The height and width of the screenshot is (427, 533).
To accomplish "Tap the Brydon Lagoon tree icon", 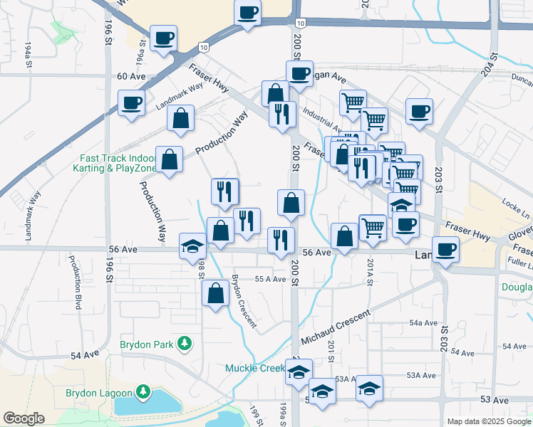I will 143,392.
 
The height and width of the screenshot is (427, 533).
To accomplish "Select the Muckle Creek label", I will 254,368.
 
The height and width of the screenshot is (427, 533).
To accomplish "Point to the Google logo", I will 24,418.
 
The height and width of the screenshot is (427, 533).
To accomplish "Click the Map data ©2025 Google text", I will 489,421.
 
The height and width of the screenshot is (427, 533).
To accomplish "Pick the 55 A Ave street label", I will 270,280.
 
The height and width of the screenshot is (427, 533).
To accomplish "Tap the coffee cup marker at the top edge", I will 247,12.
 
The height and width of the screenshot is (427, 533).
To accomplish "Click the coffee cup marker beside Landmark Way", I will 131,102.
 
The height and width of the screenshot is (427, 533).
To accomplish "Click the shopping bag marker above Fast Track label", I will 181,119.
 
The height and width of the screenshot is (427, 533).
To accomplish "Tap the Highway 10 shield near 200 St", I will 303,24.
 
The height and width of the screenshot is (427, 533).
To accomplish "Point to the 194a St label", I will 29,54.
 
